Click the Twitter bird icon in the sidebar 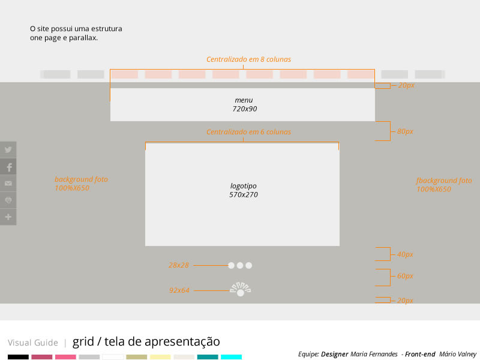click(8, 149)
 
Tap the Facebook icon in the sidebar click(10, 167)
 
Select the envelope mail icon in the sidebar click(8, 184)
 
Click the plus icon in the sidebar click(8, 217)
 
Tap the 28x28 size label click(179, 265)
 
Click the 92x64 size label click(179, 290)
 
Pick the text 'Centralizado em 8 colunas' click(248, 59)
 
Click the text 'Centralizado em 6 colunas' click(248, 131)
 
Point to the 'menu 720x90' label click(244, 104)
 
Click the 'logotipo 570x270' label click(244, 190)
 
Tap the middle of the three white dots click(240, 265)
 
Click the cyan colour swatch click(231, 357)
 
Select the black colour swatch click(18, 357)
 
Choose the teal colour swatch click(208, 357)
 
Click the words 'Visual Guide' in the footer click(33, 343)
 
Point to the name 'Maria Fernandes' click(374, 354)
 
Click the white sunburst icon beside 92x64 click(241, 289)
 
